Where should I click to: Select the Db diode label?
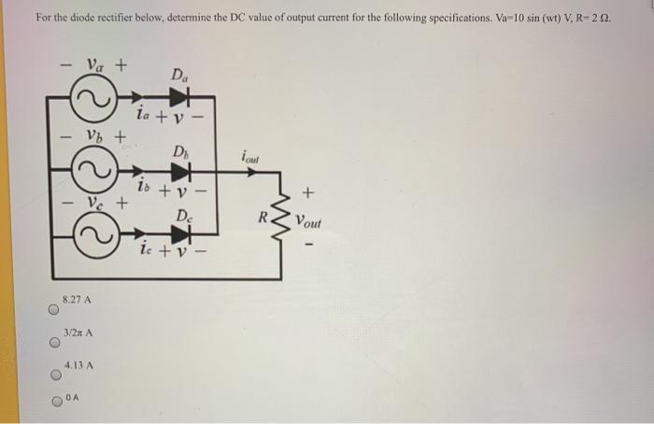pos(179,150)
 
